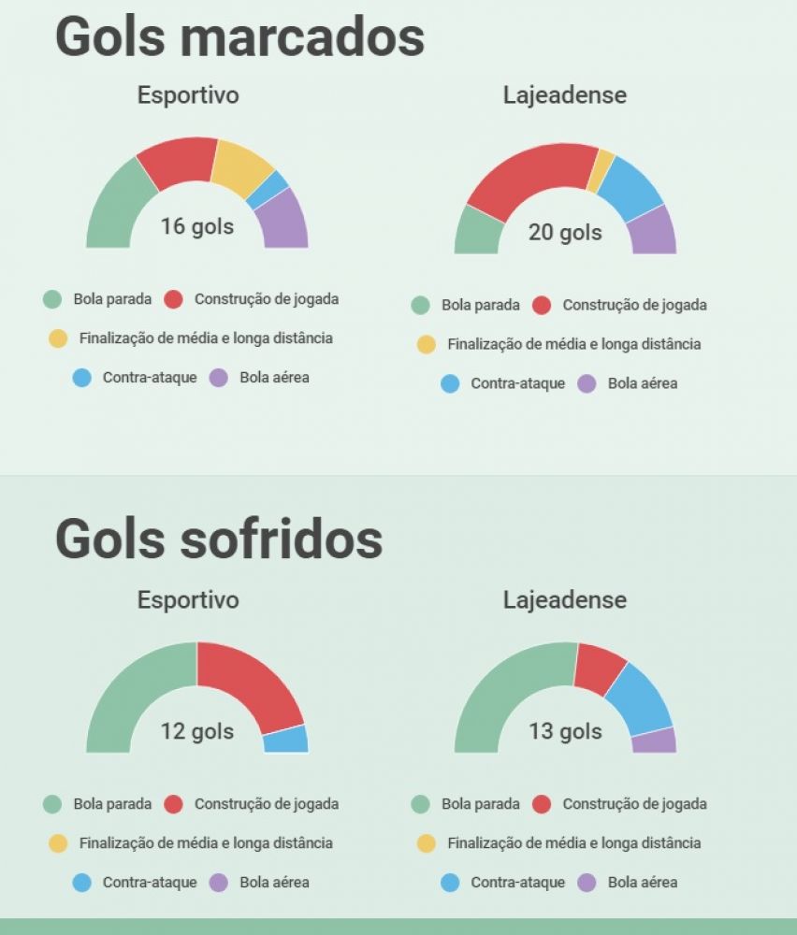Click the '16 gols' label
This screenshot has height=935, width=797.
coord(196,226)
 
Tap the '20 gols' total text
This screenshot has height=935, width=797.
coord(565,232)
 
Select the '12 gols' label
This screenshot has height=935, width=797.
coord(196,731)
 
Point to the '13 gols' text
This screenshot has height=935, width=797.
coord(565,731)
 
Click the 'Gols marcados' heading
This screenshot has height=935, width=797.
coord(239,37)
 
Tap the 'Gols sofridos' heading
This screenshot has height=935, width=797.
coord(219,539)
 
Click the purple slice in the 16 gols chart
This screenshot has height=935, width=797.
coord(283,222)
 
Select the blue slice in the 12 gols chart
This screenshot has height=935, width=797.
coord(285,740)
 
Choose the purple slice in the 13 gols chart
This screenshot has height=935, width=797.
coord(654,741)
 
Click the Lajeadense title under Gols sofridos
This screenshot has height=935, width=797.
coord(565,599)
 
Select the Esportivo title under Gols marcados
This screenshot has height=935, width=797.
coord(188,94)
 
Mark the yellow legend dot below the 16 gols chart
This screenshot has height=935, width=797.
coord(58,338)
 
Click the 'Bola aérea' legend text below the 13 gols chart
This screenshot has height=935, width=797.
coord(643,882)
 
